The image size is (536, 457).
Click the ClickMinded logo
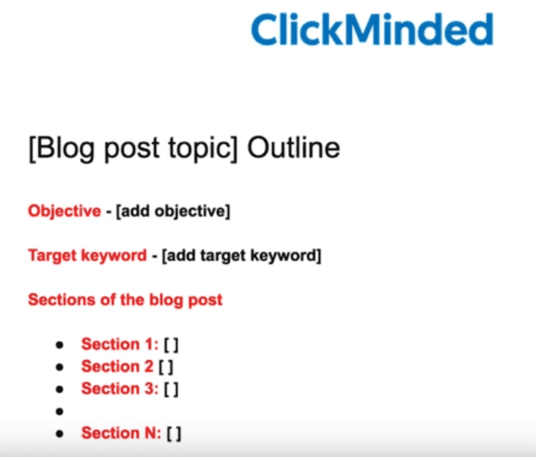coord(372,29)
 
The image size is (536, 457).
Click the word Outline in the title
coord(293,147)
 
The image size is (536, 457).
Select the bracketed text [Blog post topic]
coord(133,150)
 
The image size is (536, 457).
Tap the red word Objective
coord(65,211)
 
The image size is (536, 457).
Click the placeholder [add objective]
coord(173,211)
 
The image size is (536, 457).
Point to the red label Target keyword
coord(87,255)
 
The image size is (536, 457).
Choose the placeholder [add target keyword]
coord(241,255)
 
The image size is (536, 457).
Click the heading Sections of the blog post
coord(125,300)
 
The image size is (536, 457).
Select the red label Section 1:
coord(120,344)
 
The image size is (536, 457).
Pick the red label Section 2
coord(117,366)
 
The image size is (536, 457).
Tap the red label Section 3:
coord(120,389)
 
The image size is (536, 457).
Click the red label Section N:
coord(122,433)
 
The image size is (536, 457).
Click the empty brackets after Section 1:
coord(172,345)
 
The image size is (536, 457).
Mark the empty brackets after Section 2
coord(166,367)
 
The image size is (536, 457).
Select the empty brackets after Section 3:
coord(172,390)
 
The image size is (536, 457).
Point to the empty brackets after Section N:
coord(174,434)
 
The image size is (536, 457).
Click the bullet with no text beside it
coord(59,412)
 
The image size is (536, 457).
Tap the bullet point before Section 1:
coord(59,345)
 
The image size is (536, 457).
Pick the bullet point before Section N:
coord(59,434)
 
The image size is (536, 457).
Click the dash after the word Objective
coord(109,212)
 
